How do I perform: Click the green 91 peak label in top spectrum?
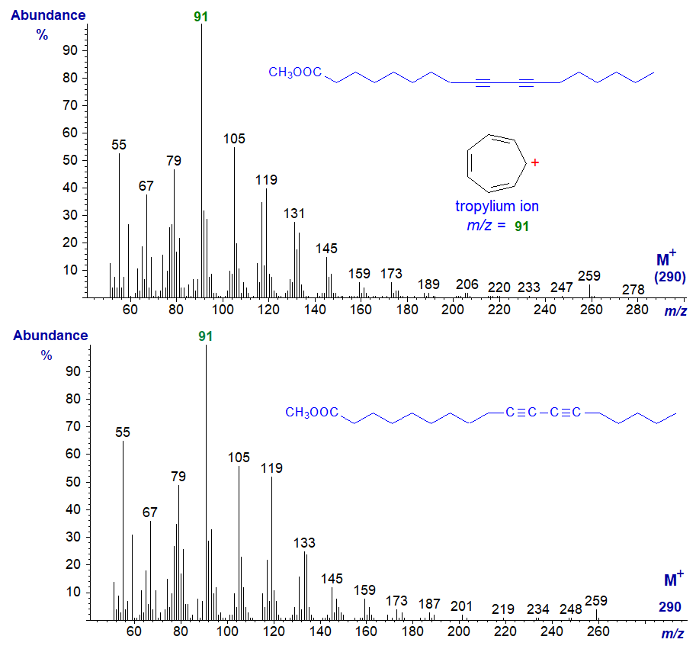201,15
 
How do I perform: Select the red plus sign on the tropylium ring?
535,162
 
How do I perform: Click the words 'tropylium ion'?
496,207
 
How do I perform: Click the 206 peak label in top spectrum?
467,284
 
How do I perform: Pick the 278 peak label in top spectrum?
633,290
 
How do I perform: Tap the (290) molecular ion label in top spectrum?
670,278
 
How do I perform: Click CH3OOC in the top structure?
295,72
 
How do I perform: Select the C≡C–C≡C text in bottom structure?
544,413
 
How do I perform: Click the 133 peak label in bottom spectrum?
304,543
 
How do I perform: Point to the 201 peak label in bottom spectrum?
461,606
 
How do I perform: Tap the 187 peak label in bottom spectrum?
430,603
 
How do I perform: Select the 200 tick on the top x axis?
453,309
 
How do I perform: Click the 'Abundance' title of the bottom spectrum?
50,336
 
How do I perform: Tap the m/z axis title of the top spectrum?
675,310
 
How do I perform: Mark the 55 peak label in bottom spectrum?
123,432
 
